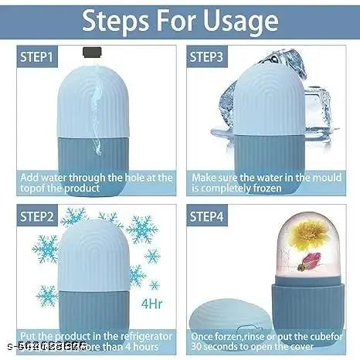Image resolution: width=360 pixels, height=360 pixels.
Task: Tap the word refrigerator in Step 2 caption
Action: pyautogui.click(x=143, y=336)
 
